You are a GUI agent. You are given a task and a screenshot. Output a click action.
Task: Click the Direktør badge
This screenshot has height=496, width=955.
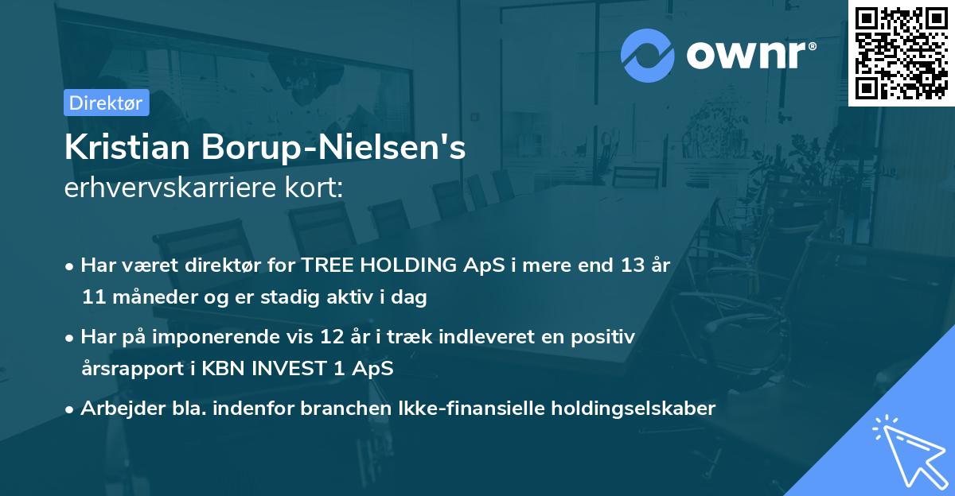coord(107,103)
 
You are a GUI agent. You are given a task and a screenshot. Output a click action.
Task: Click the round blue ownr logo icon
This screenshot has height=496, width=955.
coord(647,56)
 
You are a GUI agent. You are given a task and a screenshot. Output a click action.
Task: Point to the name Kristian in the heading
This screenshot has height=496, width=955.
coord(127,147)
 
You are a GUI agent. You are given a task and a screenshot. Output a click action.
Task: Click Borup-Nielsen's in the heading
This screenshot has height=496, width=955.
coord(333,148)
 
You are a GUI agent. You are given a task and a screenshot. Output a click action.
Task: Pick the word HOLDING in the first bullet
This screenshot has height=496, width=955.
coord(408,265)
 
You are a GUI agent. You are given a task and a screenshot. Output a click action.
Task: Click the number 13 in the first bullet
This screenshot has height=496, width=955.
coord(632,265)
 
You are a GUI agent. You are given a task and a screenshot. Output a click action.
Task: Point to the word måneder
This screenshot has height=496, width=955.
coord(154,296)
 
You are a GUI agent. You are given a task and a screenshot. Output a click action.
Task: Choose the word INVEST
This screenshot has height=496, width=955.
coord(290,368)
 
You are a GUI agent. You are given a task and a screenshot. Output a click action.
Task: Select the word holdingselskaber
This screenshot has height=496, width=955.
coord(633,409)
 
